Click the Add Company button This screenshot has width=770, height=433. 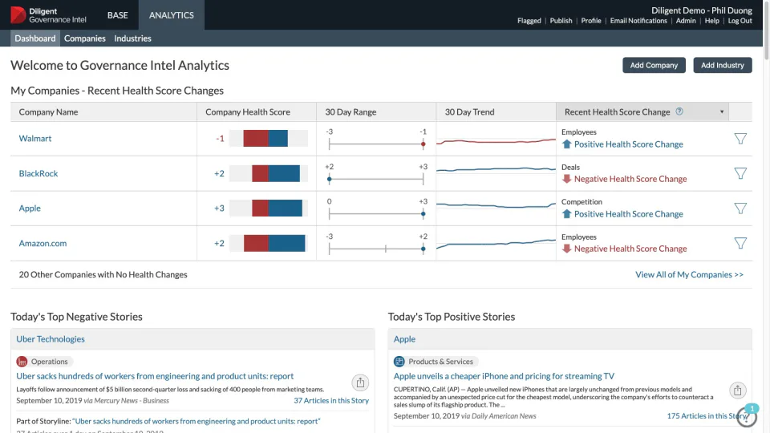(x=654, y=66)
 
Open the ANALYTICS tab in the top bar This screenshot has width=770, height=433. (x=171, y=15)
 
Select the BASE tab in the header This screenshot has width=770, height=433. (x=117, y=15)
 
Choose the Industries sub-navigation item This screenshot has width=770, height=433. (x=132, y=38)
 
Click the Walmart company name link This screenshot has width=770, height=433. (x=35, y=139)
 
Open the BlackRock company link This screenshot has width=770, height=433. (x=38, y=173)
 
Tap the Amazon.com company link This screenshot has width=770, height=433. (x=43, y=243)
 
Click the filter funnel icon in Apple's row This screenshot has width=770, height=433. (x=740, y=208)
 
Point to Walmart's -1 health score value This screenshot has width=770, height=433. (x=220, y=139)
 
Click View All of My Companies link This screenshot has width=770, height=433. (x=689, y=275)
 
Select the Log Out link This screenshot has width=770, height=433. (x=740, y=21)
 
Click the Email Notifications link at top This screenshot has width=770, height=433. (x=638, y=21)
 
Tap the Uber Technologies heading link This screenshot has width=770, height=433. (x=51, y=339)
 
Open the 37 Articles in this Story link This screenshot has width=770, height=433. (x=330, y=401)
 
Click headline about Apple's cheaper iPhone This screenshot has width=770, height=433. (x=504, y=376)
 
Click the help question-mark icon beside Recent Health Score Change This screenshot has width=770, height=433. (x=679, y=112)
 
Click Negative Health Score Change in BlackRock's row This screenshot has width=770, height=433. (x=630, y=180)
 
